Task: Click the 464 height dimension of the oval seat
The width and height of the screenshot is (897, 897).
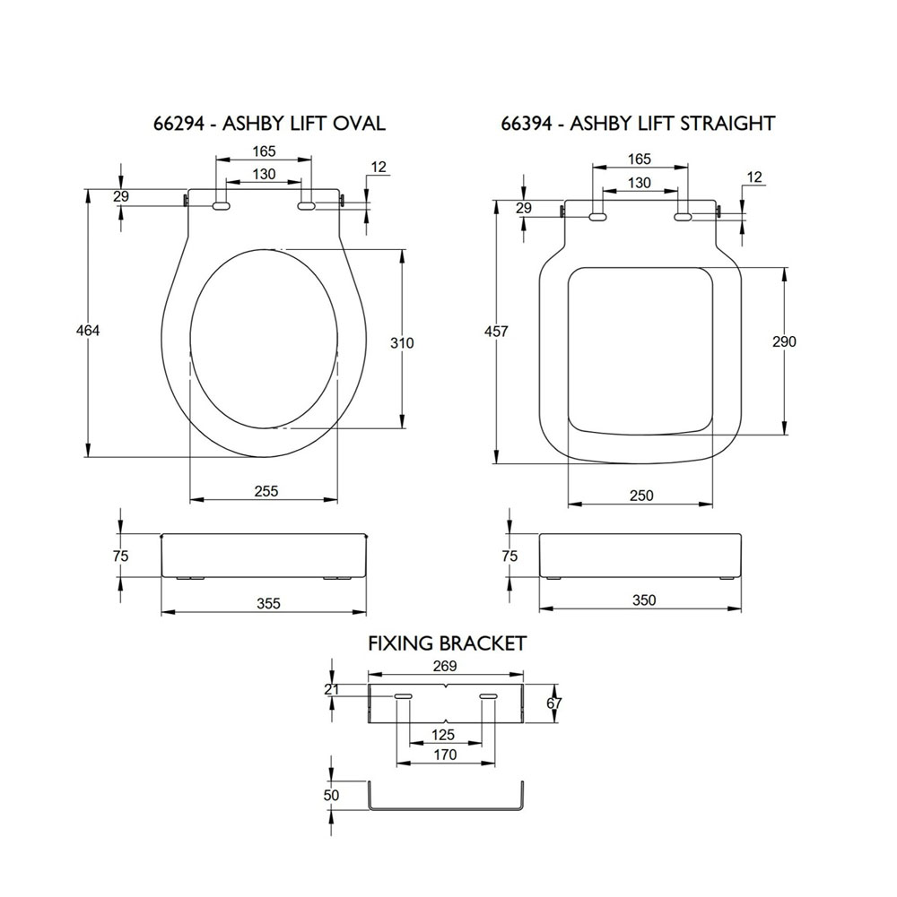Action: coord(88,331)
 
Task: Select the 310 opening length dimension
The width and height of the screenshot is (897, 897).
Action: coord(402,343)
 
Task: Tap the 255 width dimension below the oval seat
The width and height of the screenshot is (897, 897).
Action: coord(266,491)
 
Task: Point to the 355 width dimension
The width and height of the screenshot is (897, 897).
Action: coord(268,604)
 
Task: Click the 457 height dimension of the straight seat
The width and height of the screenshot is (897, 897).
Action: coord(496,332)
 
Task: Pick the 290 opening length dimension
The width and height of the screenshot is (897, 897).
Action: coord(784,341)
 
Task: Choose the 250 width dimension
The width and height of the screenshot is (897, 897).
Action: coord(641,496)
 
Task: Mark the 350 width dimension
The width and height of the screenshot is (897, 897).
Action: coord(644,600)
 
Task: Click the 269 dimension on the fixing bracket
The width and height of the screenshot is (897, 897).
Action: coord(445,666)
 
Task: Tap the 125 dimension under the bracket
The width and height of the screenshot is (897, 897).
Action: coord(443,735)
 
